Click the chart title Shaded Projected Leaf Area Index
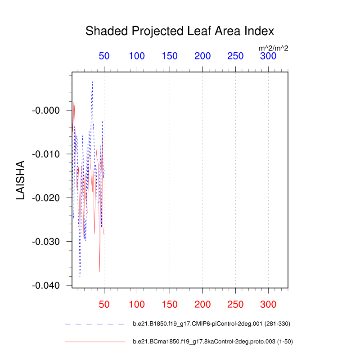[x=180, y=31]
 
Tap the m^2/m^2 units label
[x=273, y=48]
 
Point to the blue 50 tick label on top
[x=104, y=56]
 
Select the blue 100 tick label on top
[x=137, y=56]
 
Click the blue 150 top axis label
[x=170, y=56]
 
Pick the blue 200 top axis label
[x=202, y=56]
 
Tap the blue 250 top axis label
[x=235, y=56]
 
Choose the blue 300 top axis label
[x=268, y=56]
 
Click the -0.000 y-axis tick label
[x=46, y=111]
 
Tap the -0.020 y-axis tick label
[x=46, y=198]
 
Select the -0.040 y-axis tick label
[x=46, y=286]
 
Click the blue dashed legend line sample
[x=94, y=324]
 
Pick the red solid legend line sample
[x=94, y=342]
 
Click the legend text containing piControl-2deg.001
[x=211, y=324]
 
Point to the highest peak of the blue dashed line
[x=92, y=82]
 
